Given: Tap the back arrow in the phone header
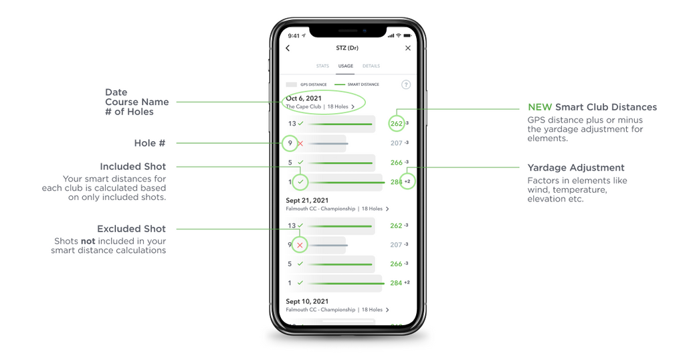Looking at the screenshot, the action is (288, 48).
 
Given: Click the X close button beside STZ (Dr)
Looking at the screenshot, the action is (407, 48).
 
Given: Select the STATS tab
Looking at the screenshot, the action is (322, 66).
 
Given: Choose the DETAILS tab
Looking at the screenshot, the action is (371, 66).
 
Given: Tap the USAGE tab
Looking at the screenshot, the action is (346, 66).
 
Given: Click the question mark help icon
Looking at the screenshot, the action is (406, 85).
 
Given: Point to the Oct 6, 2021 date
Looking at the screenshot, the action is (304, 98).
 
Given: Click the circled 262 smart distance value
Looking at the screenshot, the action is (396, 124).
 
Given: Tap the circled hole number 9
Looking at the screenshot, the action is (290, 143).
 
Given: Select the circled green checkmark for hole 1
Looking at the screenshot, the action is (300, 182).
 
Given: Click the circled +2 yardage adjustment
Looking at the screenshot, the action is (407, 181).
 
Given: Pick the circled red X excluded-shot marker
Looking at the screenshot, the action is (300, 245).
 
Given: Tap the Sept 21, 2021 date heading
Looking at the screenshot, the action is (307, 201).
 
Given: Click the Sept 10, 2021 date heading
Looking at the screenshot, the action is (307, 302).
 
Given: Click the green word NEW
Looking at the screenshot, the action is (540, 108).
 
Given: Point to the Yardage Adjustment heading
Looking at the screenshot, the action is (576, 168).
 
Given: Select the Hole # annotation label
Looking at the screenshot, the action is (149, 143).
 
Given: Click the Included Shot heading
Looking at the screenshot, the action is (133, 167).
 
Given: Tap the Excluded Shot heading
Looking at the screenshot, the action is (132, 229).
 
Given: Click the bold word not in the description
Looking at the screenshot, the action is (88, 241).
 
